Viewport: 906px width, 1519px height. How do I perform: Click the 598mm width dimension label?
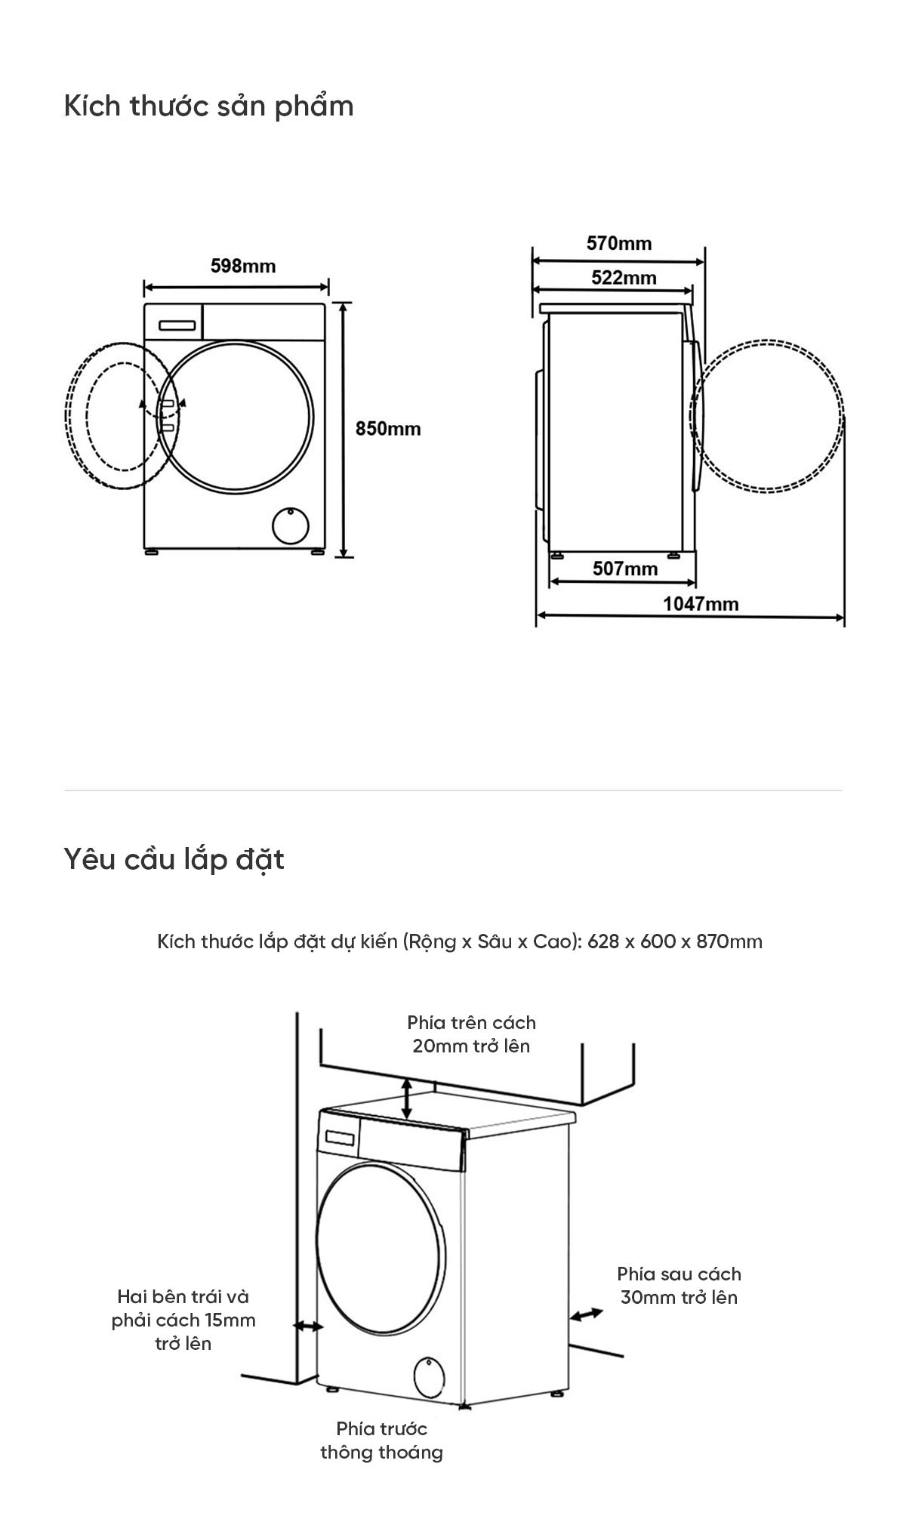(x=242, y=266)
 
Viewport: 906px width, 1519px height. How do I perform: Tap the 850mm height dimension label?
(x=388, y=429)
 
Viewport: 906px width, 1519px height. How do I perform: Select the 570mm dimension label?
(x=619, y=243)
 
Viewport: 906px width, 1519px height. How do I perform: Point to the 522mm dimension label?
(x=624, y=278)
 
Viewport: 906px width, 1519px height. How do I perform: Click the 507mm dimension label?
(x=625, y=568)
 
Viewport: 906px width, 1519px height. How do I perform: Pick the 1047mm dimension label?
(x=701, y=604)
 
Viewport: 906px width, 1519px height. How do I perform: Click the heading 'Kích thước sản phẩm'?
(x=209, y=106)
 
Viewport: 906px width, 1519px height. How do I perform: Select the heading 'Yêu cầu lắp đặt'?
(x=174, y=859)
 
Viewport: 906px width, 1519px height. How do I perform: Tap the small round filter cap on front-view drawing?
(x=291, y=525)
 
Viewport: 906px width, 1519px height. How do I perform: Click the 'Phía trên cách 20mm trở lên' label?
(x=471, y=1034)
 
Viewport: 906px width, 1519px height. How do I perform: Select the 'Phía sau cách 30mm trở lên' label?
(x=679, y=1285)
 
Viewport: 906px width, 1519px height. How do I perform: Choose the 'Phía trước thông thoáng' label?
(x=381, y=1440)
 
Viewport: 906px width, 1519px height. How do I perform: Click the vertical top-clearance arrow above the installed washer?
(x=407, y=1098)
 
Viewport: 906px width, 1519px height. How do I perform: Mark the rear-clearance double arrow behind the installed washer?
(x=587, y=1314)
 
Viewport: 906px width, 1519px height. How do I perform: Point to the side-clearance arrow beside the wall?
(x=307, y=1326)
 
